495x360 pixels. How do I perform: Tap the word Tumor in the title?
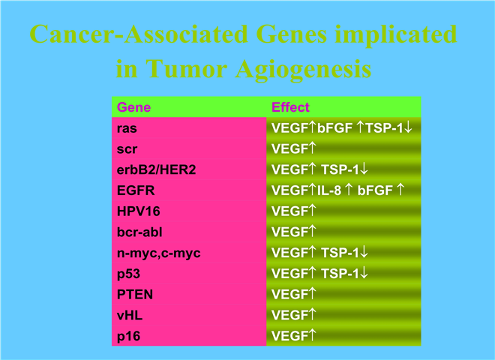[x=187, y=68]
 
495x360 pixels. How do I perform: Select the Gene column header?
[x=133, y=107]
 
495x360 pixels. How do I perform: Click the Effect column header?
[x=290, y=107]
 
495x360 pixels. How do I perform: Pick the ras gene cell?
[x=127, y=128]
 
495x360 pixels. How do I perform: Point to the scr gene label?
[x=127, y=149]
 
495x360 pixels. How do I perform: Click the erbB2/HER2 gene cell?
[x=156, y=170]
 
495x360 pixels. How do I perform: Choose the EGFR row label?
[x=136, y=190]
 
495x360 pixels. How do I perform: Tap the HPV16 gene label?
[x=138, y=211]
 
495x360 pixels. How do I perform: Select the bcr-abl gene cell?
[x=139, y=232]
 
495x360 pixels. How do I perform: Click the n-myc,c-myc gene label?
[x=158, y=253]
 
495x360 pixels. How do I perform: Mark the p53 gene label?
[x=128, y=274]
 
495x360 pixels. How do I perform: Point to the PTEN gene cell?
[x=135, y=295]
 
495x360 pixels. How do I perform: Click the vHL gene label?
[x=130, y=316]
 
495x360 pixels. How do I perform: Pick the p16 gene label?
[x=128, y=337]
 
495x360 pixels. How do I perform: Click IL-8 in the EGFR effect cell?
[x=329, y=190]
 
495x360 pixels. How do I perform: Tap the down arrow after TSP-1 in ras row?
[x=408, y=127]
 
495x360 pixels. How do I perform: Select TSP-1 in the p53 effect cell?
[x=340, y=274]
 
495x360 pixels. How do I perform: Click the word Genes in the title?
[x=292, y=34]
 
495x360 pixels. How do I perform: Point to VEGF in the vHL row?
[x=289, y=316]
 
